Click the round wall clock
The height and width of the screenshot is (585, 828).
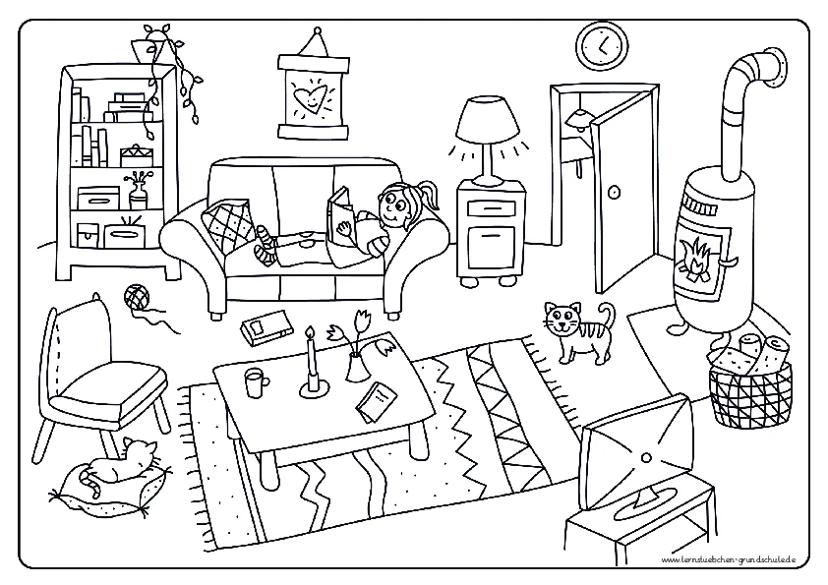pos(602,45)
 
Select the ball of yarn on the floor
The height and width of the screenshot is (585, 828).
pos(137,296)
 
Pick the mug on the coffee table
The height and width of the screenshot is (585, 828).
pos(256,382)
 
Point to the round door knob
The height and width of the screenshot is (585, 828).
pos(613,192)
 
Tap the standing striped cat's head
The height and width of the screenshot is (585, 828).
pos(562,318)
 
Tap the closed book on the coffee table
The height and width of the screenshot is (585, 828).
pos(377,402)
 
